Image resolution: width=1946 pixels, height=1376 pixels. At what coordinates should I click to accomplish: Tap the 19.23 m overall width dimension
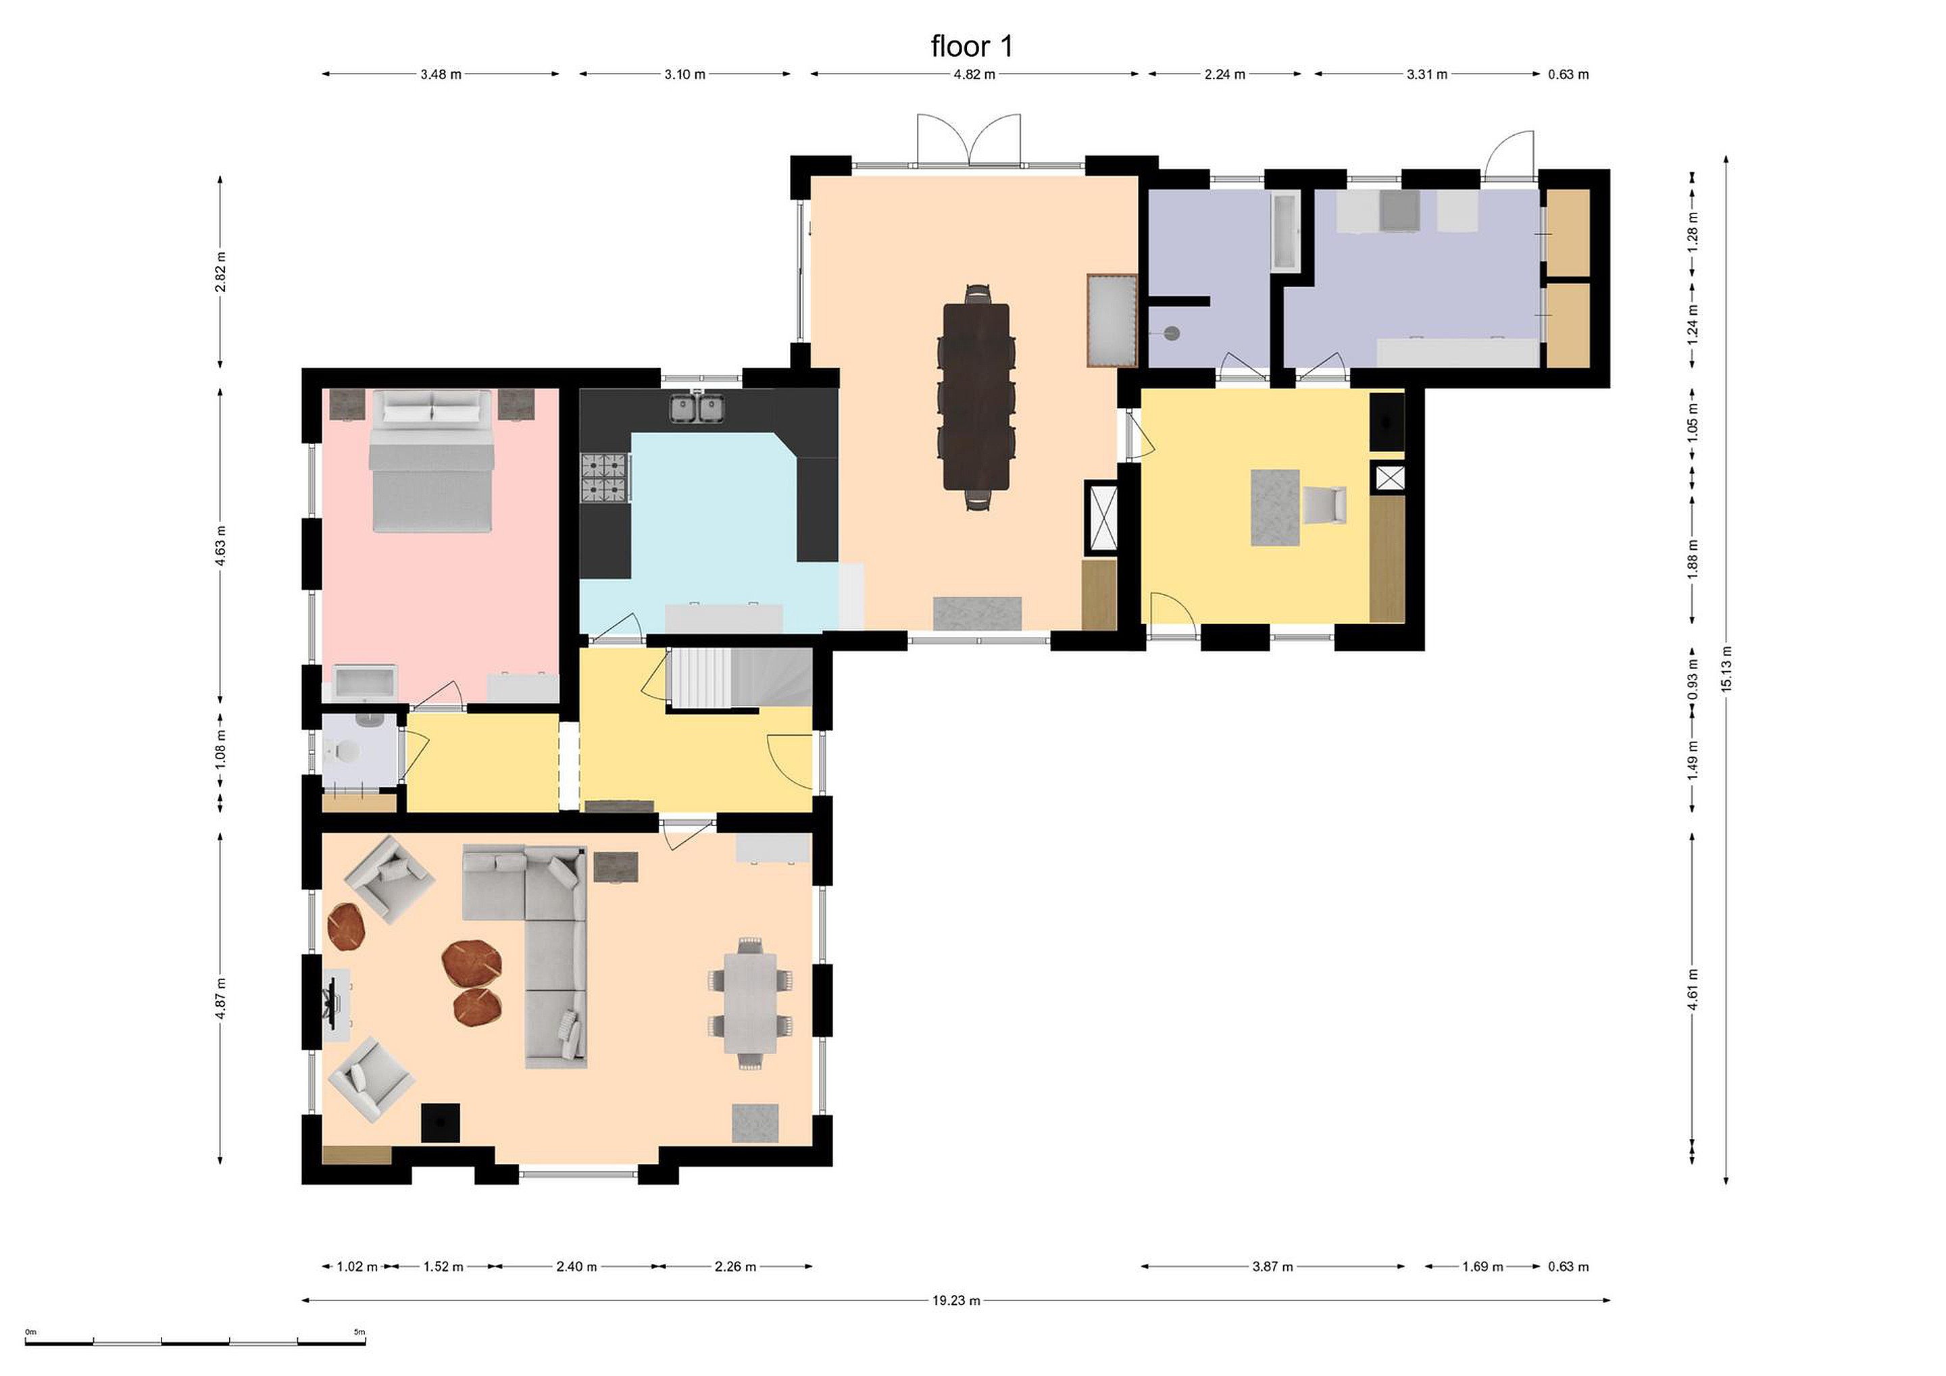pyautogui.click(x=956, y=1300)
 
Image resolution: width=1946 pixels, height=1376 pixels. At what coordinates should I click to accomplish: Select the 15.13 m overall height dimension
pyautogui.click(x=1726, y=669)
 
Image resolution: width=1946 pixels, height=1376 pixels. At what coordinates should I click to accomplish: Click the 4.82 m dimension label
pyautogui.click(x=974, y=74)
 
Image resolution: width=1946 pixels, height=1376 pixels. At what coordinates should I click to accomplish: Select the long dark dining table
pyautogui.click(x=976, y=397)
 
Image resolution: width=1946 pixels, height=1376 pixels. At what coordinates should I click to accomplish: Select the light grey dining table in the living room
pyautogui.click(x=750, y=1003)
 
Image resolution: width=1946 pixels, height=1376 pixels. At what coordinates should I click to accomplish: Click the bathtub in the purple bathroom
pyautogui.click(x=1285, y=231)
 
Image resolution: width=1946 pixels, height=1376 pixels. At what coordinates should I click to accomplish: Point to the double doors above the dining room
pyautogui.click(x=969, y=139)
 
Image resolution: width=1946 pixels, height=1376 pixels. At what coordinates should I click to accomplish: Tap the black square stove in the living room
pyautogui.click(x=441, y=1123)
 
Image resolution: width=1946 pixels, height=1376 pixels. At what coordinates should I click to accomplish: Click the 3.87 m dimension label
pyautogui.click(x=1272, y=1267)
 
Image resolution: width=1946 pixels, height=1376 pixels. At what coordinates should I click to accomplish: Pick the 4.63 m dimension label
pyautogui.click(x=220, y=546)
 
